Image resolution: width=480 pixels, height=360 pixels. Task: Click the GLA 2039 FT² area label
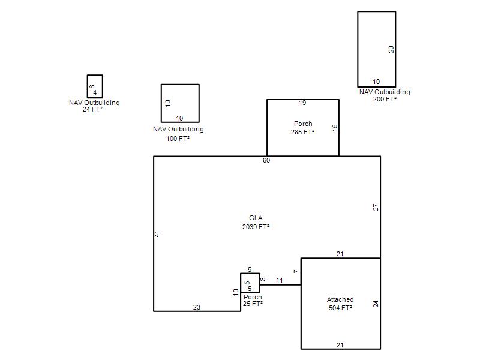coord(256,222)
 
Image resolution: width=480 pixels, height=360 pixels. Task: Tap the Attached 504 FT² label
coord(340,304)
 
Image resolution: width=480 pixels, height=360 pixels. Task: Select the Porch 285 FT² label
coord(303,128)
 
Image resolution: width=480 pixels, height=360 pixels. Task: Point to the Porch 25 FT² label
coord(253,301)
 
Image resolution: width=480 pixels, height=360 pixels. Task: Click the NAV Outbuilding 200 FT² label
coord(385,95)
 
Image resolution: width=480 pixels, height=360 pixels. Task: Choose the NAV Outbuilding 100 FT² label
coord(178,134)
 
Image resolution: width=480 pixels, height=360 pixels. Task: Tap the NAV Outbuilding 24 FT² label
coord(94,106)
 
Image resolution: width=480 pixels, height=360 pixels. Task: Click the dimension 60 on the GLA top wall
coord(266,160)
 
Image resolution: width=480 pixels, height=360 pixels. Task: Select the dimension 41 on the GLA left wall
coord(157,234)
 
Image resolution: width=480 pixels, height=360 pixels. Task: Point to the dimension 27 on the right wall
coord(376,207)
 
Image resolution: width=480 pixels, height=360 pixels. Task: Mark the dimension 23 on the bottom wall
coord(197,307)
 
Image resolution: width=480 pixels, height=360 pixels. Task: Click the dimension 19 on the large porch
coord(302,103)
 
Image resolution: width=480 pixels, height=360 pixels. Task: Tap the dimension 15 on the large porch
coord(335,128)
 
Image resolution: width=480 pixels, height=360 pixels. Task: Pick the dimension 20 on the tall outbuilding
coord(391,49)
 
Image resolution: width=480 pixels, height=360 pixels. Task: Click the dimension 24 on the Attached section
coord(376,304)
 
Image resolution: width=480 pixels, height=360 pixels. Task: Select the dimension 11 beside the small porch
coord(280,280)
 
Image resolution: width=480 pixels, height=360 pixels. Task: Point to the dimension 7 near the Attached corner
coord(296,272)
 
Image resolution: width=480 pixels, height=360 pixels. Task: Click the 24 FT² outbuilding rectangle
coord(95,76)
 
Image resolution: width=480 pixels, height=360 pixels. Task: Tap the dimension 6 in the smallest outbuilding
coord(92,87)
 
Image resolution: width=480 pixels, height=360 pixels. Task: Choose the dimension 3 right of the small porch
coord(263,279)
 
